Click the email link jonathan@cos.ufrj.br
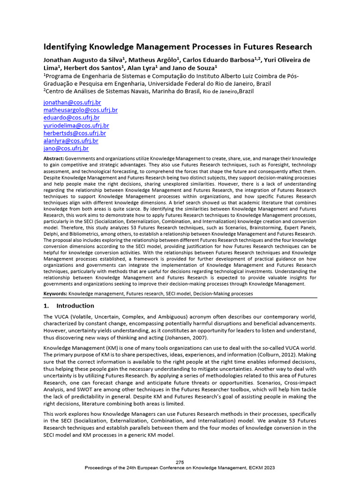[x=72, y=102]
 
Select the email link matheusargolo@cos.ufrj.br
[x=80, y=110]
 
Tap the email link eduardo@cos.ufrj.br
[x=71, y=118]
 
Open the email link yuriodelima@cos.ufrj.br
[x=76, y=125]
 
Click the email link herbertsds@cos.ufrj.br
[x=75, y=133]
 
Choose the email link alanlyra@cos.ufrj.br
[x=71, y=141]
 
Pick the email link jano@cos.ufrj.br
[x=66, y=148]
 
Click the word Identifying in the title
[x=65, y=47]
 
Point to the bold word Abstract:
[x=53, y=159]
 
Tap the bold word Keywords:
[x=55, y=293]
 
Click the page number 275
[x=180, y=462]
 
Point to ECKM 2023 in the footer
[x=260, y=468]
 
